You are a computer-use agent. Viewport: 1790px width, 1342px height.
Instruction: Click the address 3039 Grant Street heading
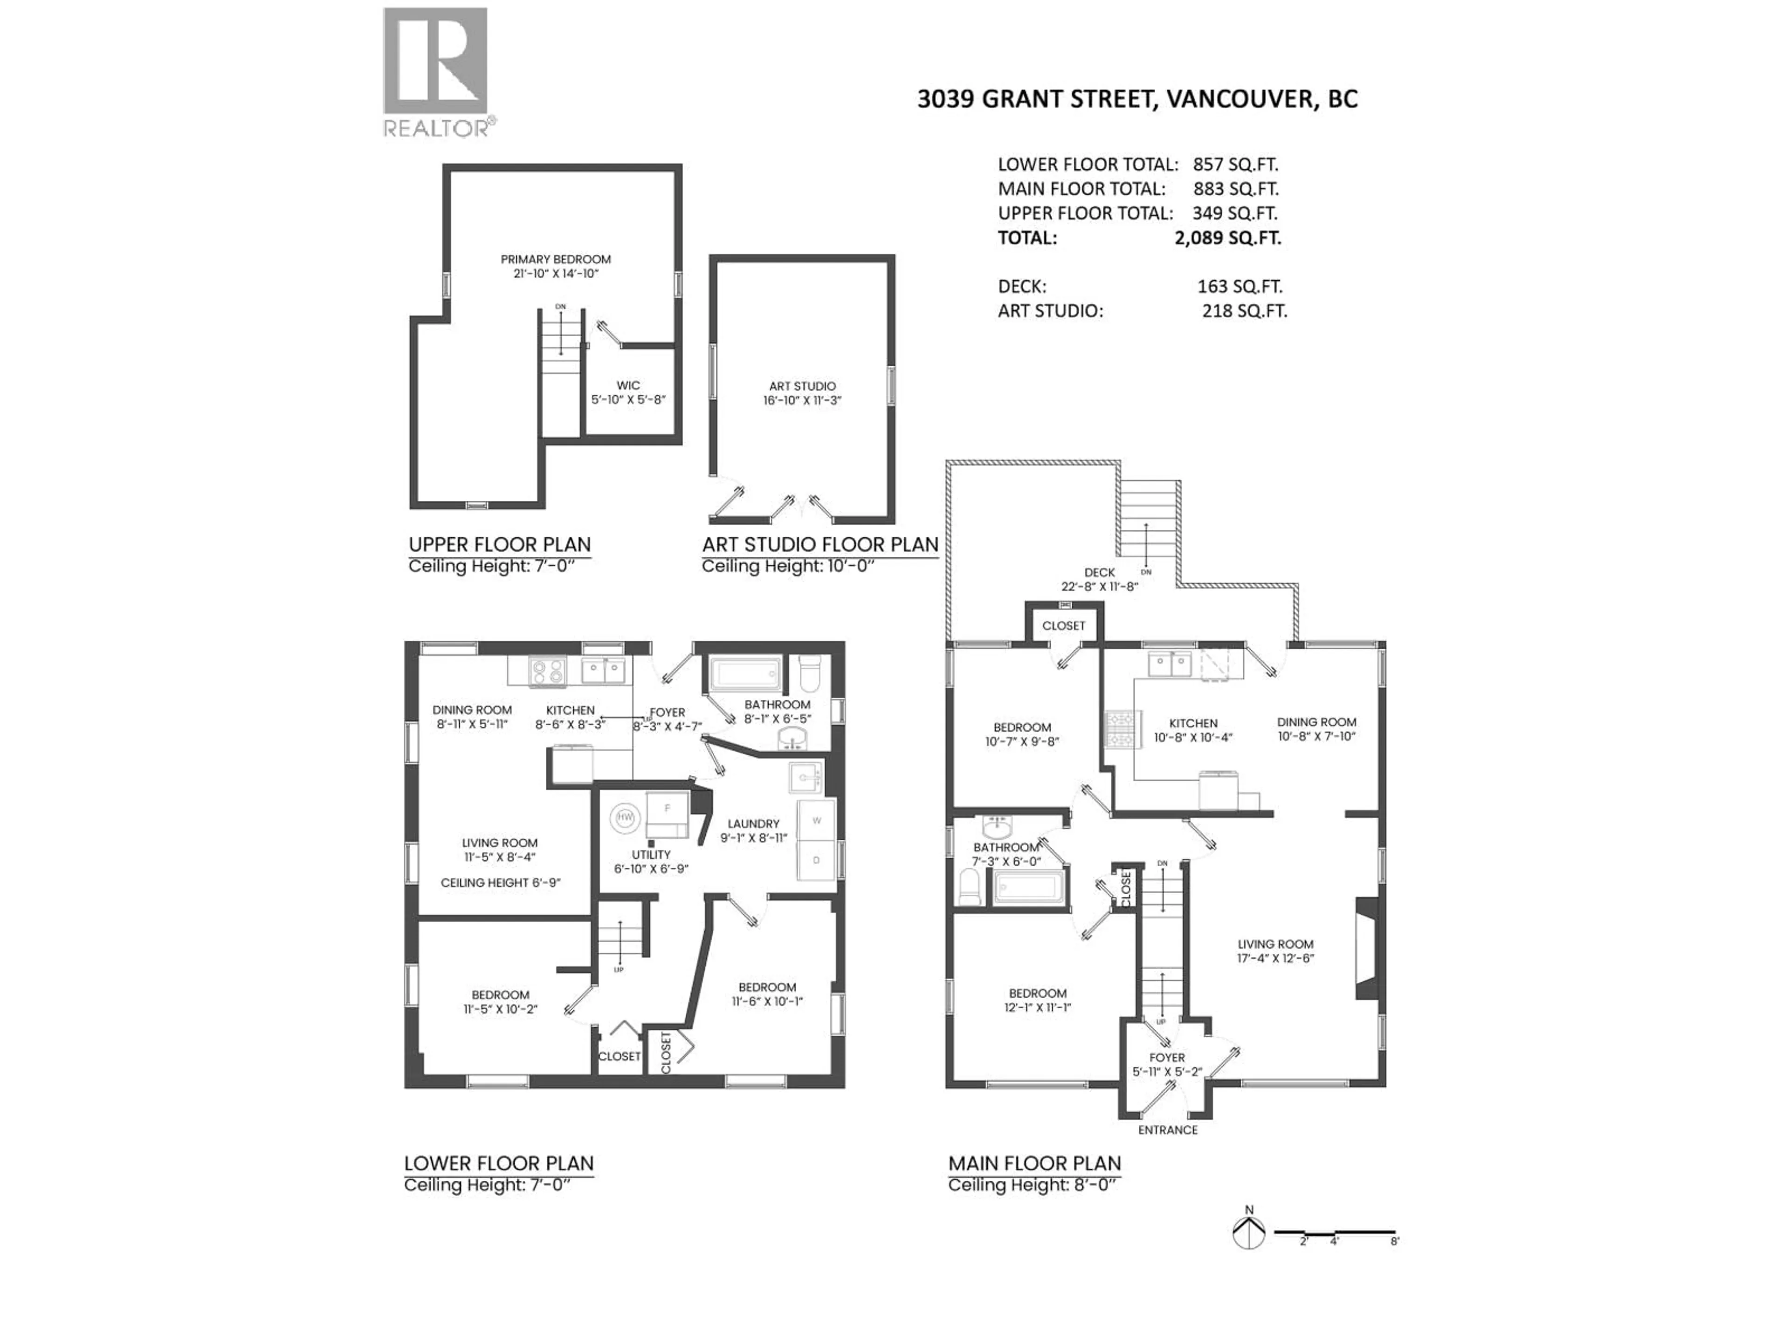tap(1137, 99)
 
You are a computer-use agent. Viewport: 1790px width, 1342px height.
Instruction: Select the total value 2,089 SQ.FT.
tap(1227, 238)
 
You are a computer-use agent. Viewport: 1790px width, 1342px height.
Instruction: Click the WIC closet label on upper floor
tap(628, 386)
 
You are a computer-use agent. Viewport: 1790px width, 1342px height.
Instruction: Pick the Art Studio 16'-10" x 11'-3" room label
tap(802, 393)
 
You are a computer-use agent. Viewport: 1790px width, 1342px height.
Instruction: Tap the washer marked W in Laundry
tap(817, 821)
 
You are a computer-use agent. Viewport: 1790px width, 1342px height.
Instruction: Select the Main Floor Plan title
tap(1034, 1163)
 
